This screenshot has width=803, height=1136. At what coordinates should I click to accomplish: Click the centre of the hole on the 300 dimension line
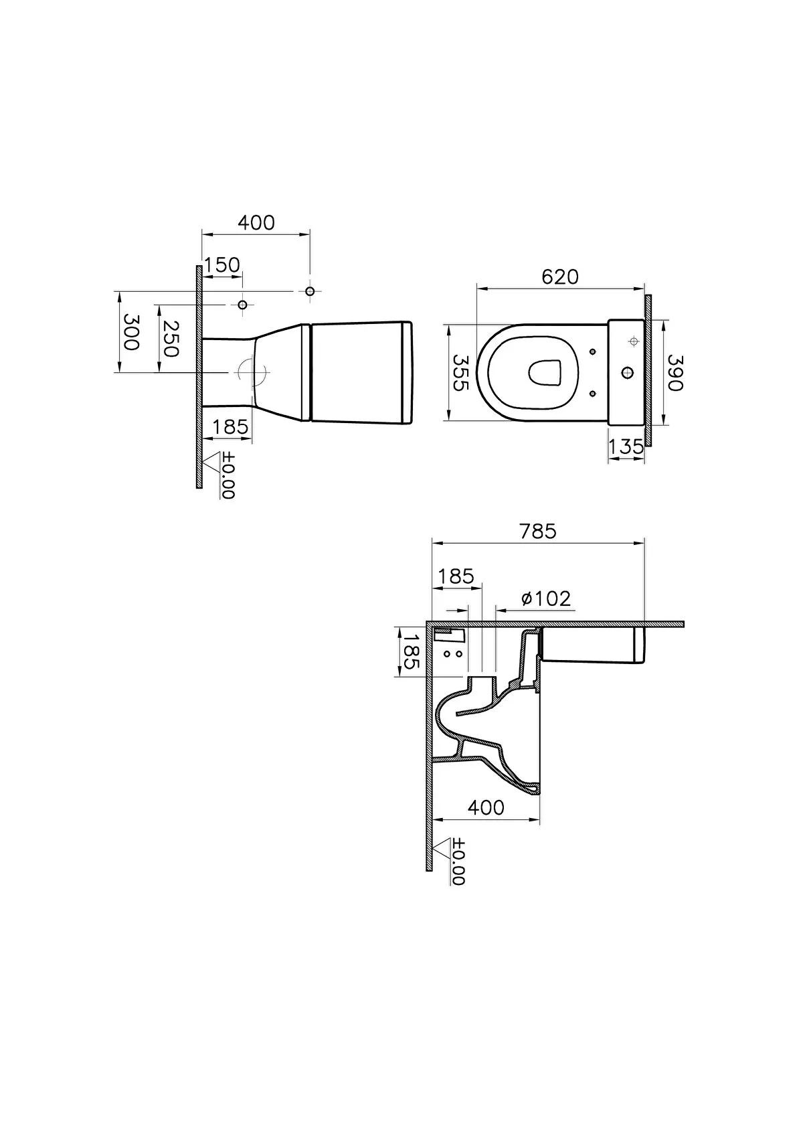click(310, 291)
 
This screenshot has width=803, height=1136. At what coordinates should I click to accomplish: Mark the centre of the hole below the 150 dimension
click(242, 305)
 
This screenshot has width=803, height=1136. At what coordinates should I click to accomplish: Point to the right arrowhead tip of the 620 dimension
click(644, 289)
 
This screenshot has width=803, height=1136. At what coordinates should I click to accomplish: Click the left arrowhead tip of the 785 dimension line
click(432, 543)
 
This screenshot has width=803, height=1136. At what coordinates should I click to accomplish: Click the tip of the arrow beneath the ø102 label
click(495, 610)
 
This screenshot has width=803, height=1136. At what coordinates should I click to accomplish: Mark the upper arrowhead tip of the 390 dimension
click(663, 320)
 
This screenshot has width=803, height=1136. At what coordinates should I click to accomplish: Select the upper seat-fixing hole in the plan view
click(593, 351)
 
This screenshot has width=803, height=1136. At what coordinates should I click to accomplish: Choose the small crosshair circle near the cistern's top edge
click(633, 341)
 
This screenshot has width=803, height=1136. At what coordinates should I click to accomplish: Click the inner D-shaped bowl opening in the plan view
click(545, 372)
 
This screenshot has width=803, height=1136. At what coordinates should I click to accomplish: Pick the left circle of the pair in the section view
click(446, 654)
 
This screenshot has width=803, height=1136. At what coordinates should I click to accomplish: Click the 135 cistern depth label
click(626, 447)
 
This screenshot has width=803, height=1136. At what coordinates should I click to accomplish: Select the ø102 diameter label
click(546, 598)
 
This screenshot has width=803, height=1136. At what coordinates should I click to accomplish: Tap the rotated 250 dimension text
click(171, 339)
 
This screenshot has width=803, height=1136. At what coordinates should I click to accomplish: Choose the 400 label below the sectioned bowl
click(486, 807)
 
